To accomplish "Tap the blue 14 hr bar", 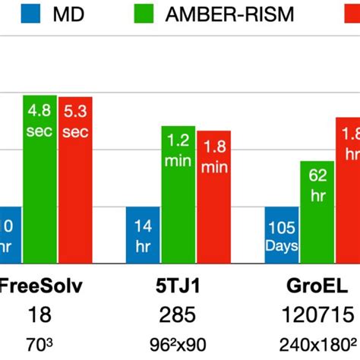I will [x=142, y=234].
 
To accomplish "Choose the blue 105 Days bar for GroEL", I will [x=281, y=234].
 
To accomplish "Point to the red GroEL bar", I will [x=349, y=190].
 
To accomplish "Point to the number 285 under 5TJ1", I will [x=178, y=314].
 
